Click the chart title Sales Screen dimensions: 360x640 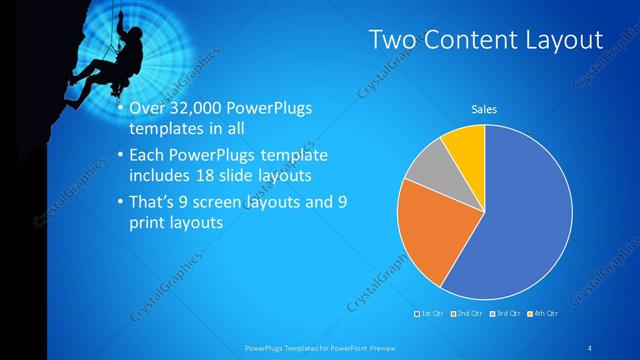coord(484,110)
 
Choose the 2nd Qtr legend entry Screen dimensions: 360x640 coord(469,314)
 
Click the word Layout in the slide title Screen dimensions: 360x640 coord(557,40)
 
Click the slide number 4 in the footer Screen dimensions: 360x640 coord(591,347)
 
